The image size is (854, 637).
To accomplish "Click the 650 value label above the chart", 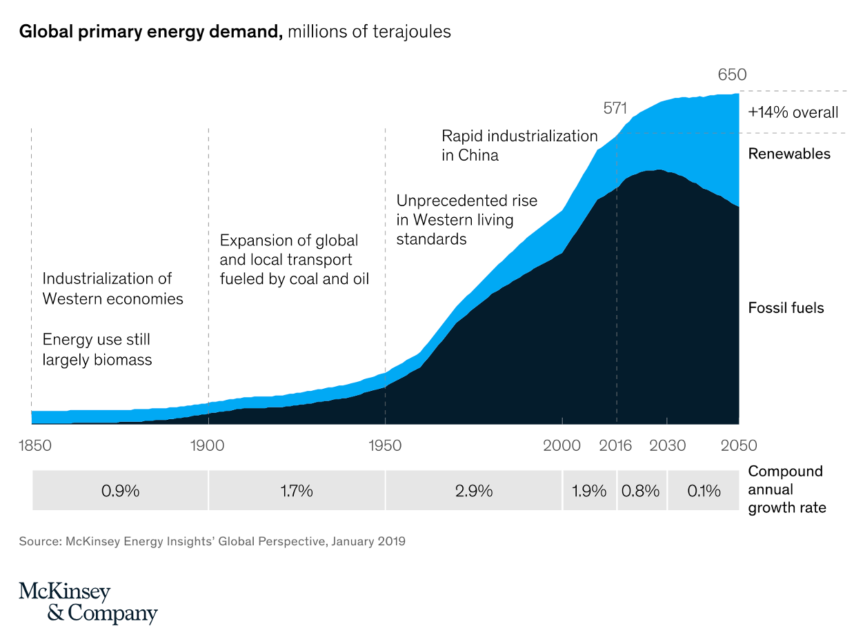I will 732,74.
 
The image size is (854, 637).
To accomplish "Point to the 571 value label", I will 615,108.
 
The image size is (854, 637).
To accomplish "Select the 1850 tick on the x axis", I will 34,445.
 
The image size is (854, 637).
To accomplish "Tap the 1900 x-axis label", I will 208,445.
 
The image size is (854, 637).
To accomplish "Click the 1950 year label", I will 385,445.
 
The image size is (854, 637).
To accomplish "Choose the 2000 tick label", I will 562,445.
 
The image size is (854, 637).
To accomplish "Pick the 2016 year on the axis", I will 615,445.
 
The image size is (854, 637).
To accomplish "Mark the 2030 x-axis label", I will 667,445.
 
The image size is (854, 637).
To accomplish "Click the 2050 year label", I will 739,445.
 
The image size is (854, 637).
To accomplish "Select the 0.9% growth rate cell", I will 120,491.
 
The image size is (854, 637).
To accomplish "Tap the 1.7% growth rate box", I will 297,491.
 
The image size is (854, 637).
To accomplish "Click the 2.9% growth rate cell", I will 474,491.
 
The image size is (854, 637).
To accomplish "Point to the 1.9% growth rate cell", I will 589,491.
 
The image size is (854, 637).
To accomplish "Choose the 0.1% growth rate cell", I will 704,491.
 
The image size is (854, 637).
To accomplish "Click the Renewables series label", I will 789,154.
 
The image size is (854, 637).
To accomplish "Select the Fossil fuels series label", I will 786,307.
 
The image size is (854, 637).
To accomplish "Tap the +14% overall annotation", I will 793,112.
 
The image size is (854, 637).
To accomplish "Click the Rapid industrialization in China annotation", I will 519,145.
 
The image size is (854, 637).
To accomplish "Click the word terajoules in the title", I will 411,32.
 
